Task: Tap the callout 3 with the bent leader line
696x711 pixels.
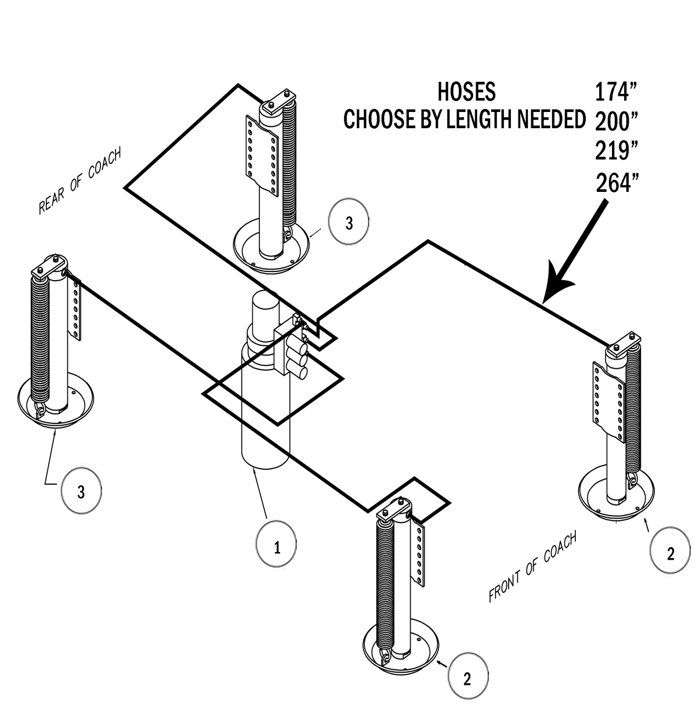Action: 81,492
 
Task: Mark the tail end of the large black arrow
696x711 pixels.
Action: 604,202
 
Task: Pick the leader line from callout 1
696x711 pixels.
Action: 260,493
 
